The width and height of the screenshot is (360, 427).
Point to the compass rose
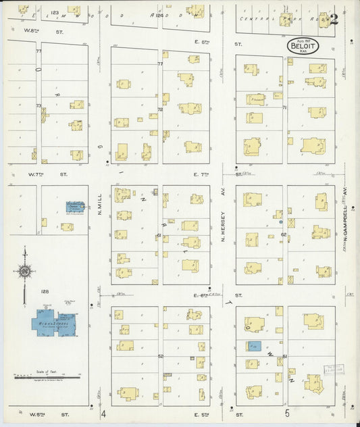point(24,271)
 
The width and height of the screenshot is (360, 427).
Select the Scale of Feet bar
point(47,377)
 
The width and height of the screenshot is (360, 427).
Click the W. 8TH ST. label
point(41,31)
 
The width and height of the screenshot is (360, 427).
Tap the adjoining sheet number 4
point(104,413)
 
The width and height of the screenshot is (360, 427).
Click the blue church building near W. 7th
point(75,207)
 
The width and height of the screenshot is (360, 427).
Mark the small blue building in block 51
point(253,347)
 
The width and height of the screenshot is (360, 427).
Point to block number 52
point(161,356)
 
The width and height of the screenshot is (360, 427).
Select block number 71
point(284,107)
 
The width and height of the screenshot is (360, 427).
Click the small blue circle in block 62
point(280,221)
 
